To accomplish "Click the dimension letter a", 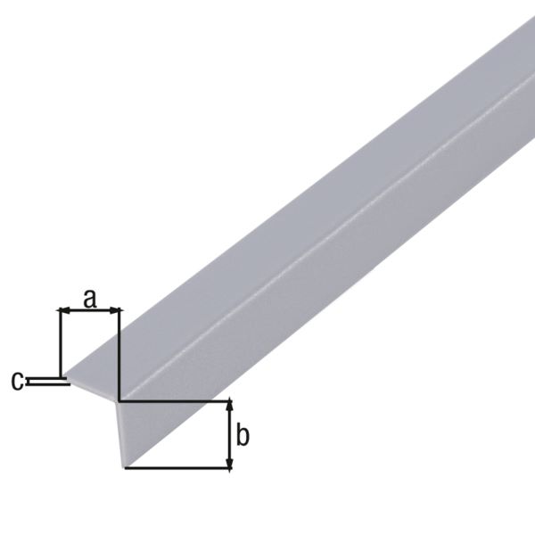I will (89, 298).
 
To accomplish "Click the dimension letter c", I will (17, 381).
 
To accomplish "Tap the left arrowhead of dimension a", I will (62, 310).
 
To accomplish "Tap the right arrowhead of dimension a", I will (115, 310).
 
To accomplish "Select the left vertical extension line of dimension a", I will (59, 343).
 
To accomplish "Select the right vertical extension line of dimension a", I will (119, 352).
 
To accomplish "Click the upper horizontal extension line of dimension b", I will (174, 401).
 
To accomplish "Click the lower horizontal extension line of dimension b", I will (178, 469).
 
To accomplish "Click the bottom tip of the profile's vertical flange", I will (124, 465).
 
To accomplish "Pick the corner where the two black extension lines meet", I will (119, 401).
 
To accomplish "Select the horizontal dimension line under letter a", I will (89, 310).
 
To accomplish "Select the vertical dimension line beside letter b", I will (231, 435).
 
